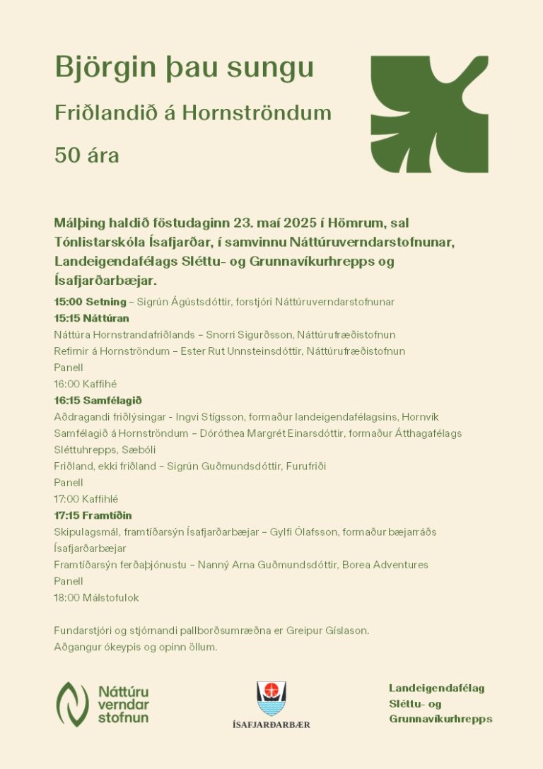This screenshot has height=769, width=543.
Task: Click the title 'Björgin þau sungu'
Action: [184, 69]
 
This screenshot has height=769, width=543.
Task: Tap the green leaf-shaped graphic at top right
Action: [429, 114]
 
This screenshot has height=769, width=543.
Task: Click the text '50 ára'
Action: [86, 155]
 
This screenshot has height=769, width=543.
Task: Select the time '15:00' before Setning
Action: [69, 302]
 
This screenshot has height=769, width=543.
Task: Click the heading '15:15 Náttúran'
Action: [91, 318]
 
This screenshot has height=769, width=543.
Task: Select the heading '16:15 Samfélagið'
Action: [98, 400]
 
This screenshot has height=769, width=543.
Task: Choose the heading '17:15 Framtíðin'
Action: [93, 515]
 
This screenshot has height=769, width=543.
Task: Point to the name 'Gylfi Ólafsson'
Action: [303, 532]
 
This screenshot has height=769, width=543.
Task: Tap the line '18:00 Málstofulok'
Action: [96, 598]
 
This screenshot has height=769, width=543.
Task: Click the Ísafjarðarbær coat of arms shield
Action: [271, 698]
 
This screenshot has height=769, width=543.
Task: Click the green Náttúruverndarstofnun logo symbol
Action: [72, 704]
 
